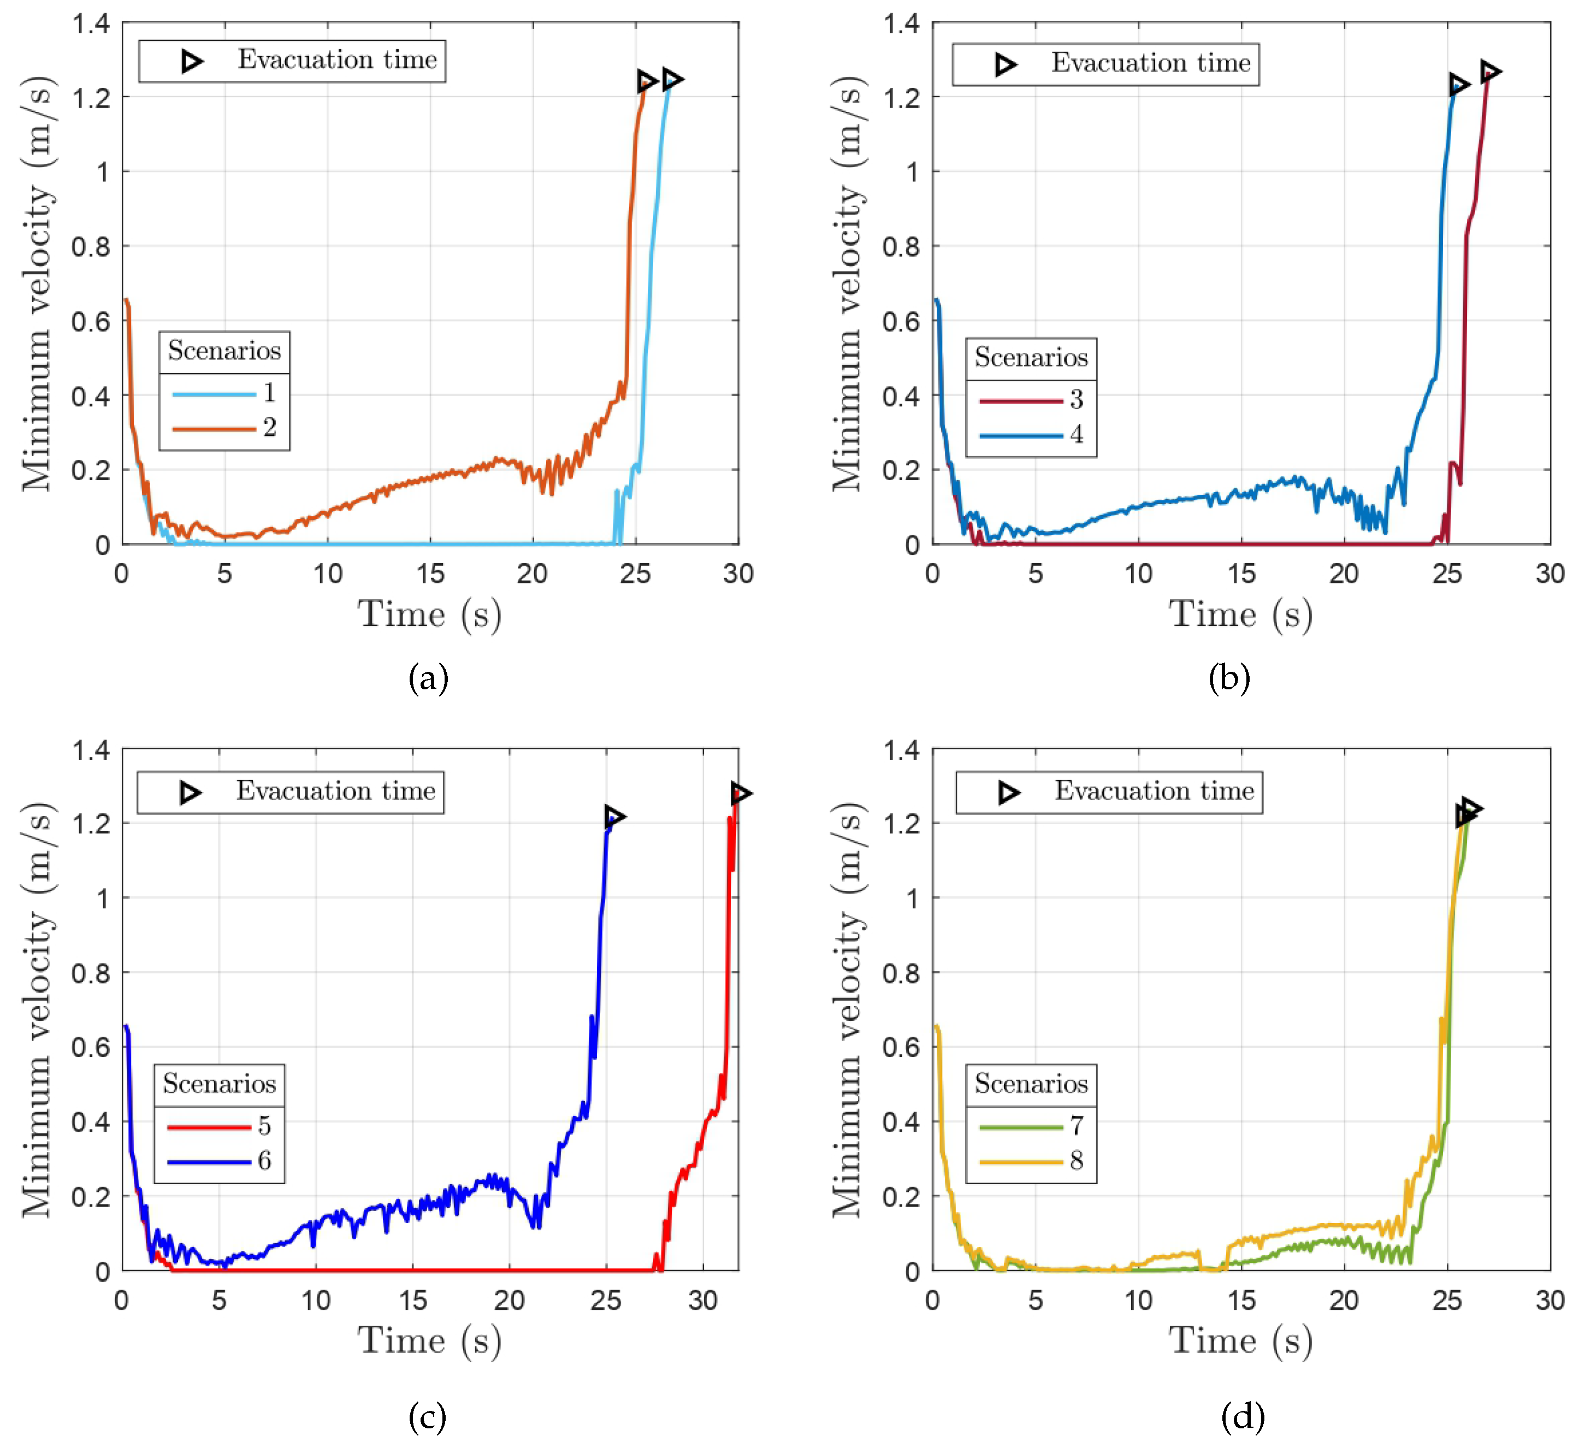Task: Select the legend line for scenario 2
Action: pos(214,429)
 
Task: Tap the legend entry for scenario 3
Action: pos(1020,401)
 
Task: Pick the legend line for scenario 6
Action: pos(209,1161)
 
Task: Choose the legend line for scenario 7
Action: pos(1020,1127)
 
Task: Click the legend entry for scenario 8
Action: pos(1020,1161)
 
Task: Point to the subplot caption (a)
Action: pos(428,678)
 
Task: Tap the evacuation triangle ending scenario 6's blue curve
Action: pos(614,817)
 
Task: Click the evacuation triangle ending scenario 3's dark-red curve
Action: pos(1489,72)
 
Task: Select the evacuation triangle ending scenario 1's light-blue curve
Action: pos(672,79)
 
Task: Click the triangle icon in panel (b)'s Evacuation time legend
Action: pos(1006,64)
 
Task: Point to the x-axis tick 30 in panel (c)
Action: pos(703,1301)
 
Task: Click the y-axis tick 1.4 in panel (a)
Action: pos(91,24)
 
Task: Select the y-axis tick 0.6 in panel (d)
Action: pos(901,1048)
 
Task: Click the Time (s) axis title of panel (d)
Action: pos(1240,1341)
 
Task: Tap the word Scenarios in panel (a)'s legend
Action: pos(224,350)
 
